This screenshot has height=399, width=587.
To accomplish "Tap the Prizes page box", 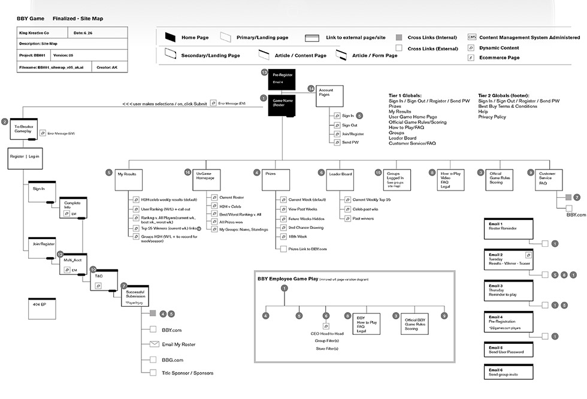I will pyautogui.click(x=273, y=179).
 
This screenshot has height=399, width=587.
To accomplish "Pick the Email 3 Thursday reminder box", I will pyautogui.click(x=509, y=291).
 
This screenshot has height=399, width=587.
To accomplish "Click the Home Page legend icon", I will pyautogui.click(x=169, y=37).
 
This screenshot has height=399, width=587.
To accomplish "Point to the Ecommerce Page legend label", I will pyautogui.click(x=500, y=58).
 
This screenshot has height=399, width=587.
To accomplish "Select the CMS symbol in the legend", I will pyautogui.click(x=472, y=37).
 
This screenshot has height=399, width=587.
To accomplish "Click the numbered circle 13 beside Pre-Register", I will pyautogui.click(x=264, y=72).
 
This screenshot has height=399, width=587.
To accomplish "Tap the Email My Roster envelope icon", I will pyautogui.click(x=153, y=344).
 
